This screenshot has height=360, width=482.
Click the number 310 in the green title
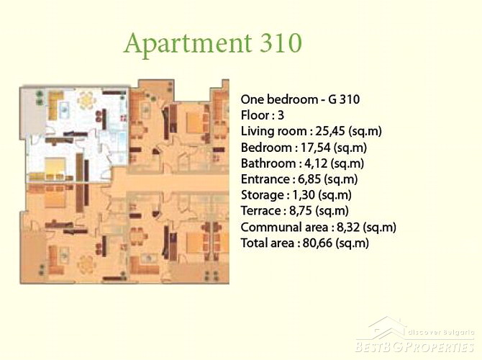(281, 42)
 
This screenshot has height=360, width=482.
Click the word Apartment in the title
(188, 45)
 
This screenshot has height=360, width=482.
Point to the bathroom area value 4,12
(316, 163)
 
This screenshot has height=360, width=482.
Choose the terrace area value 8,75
(301, 211)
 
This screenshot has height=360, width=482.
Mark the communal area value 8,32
(348, 227)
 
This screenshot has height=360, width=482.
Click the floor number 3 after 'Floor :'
(281, 115)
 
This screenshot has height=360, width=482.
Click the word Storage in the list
(262, 195)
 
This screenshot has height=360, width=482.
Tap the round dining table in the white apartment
(86, 99)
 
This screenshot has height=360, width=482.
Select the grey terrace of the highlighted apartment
(33, 112)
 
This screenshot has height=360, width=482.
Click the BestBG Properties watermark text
(414, 347)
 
